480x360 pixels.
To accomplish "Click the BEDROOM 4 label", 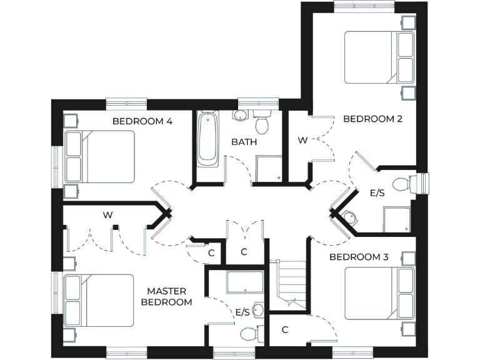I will [142, 121].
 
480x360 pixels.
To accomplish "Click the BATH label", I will [244, 142].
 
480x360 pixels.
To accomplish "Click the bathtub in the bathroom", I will [207, 139].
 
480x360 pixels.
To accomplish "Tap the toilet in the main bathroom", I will [261, 122].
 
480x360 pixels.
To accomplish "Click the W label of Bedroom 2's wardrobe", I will [302, 141].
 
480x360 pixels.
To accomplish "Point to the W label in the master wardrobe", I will [107, 215].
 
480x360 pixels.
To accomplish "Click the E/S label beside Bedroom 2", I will [377, 194].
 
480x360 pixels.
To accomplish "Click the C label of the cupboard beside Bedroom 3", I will [284, 329].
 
